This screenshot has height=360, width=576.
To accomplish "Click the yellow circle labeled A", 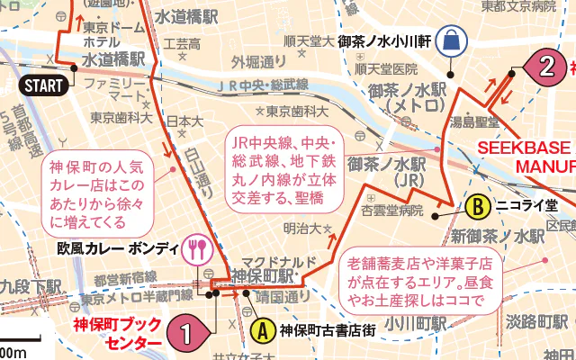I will click(262, 330).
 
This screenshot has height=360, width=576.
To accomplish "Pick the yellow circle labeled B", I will click(477, 206).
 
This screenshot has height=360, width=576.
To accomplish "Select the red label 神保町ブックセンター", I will click(118, 334).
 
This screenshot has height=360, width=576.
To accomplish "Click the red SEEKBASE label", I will click(525, 148).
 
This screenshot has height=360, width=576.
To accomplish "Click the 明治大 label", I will click(301, 229).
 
